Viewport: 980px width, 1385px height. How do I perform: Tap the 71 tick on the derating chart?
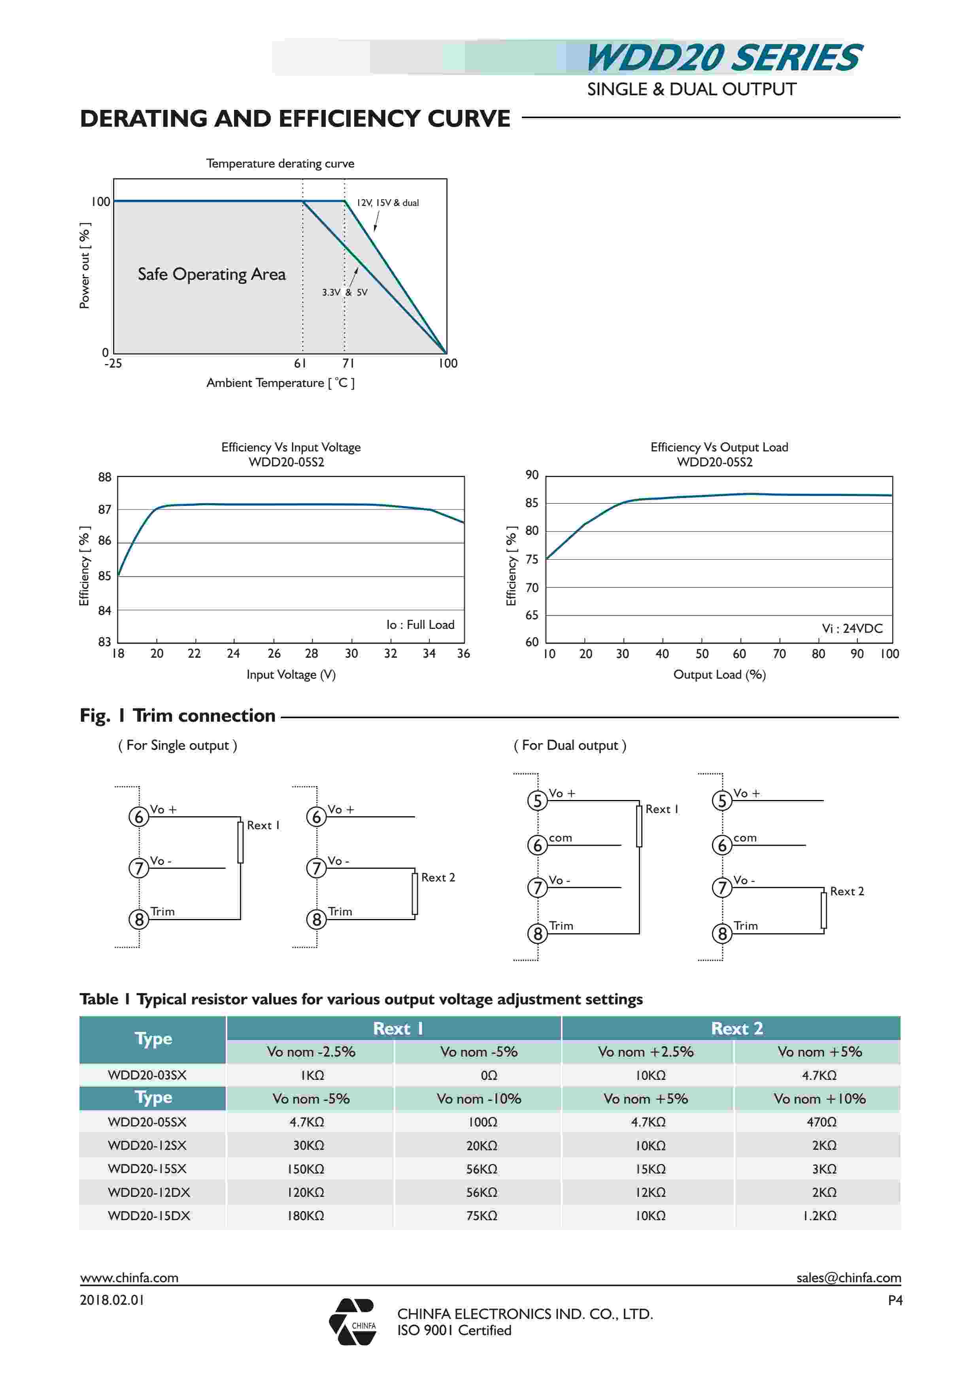tap(348, 363)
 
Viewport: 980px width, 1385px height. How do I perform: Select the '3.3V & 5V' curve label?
tap(344, 292)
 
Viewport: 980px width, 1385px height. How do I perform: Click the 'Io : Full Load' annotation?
tap(420, 625)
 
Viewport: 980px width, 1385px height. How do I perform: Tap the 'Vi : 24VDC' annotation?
tap(852, 628)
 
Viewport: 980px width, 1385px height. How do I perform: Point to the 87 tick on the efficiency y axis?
tap(105, 510)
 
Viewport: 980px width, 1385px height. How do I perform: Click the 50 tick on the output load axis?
tap(702, 654)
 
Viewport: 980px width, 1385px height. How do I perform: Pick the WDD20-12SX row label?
tap(147, 1145)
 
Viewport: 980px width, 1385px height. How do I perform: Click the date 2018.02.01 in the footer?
tap(112, 1300)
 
